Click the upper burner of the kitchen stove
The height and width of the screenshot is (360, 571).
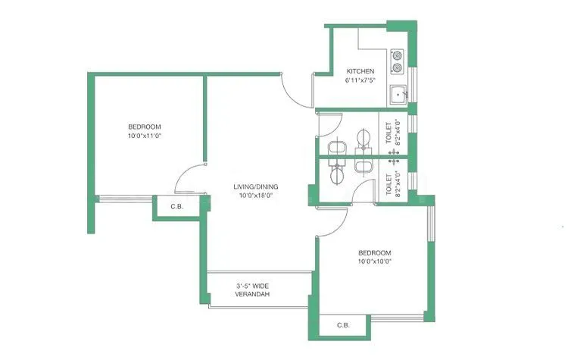398,55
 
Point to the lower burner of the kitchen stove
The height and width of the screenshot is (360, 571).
398,67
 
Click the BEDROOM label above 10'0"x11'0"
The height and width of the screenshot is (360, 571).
144,127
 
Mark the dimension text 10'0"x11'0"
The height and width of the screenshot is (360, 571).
144,136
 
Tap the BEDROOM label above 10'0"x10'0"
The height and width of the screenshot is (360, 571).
374,252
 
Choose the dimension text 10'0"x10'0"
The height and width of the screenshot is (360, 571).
374,261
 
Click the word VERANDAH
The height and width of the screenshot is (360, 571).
253,294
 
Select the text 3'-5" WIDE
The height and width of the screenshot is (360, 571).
252,286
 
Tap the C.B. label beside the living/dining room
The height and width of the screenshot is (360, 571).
176,207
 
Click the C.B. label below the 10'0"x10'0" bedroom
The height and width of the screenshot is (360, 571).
343,327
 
